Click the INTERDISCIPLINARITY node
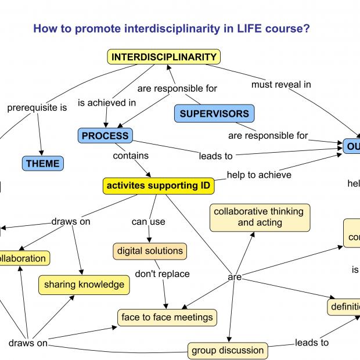point(164,57)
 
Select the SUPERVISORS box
point(214,114)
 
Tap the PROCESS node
point(105,136)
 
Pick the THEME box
point(43,164)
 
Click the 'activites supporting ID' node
point(158,186)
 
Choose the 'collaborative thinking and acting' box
point(260,217)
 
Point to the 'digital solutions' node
point(150,251)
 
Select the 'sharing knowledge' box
point(84,285)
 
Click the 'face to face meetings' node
point(167,318)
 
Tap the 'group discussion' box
point(228,350)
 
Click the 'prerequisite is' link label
point(37,107)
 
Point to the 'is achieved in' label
point(107,103)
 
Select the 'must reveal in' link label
point(281,84)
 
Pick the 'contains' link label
point(131,156)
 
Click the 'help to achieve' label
point(259,174)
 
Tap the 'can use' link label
point(149,221)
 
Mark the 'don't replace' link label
point(163,273)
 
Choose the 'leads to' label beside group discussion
point(312,343)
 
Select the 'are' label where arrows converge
point(235,277)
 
